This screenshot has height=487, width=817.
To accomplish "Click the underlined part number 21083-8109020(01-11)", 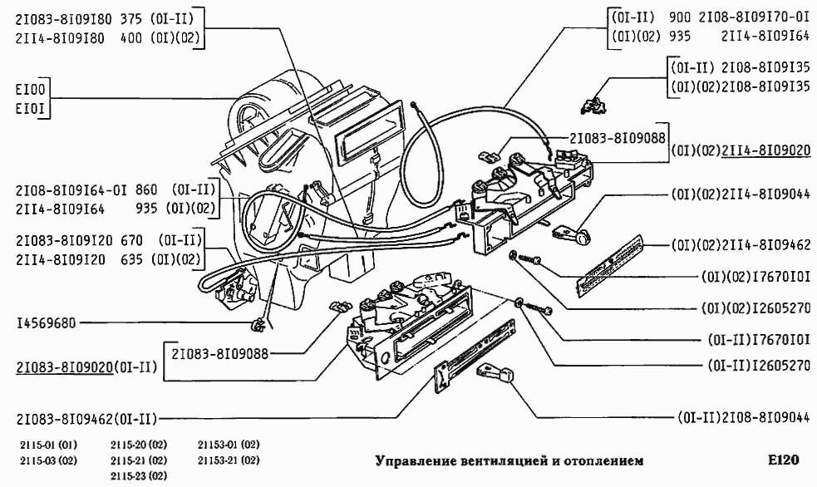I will click(86, 366).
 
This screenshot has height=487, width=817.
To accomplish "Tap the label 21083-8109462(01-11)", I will click(86, 417).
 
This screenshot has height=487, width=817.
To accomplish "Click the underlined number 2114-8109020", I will click(765, 151).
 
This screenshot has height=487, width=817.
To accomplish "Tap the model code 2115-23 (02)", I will click(139, 475).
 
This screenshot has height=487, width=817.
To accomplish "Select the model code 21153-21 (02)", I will click(229, 460).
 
